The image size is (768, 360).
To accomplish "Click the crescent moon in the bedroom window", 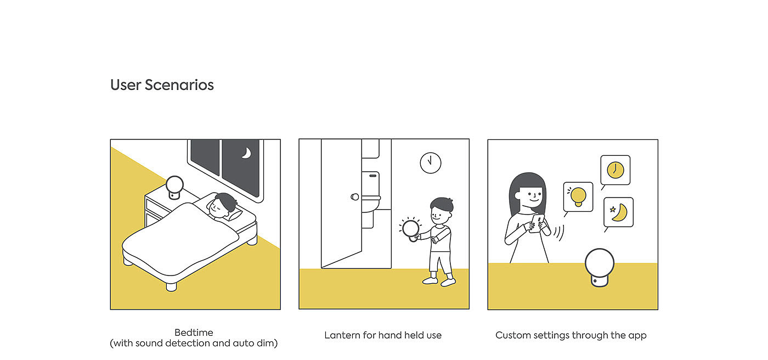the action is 247,153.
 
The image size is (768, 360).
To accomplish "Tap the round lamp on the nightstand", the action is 174,187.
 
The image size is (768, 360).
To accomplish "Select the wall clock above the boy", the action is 431,163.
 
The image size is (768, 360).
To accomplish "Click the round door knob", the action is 355,197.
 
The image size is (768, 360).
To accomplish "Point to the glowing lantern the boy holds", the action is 411,229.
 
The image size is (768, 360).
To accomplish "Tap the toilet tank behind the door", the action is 371,184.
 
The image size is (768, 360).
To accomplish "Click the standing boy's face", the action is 439,215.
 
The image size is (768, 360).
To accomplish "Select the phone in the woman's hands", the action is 537,223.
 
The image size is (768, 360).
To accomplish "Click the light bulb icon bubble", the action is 578,197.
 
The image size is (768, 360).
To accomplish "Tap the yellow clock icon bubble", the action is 615,170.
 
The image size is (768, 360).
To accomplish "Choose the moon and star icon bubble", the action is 619,212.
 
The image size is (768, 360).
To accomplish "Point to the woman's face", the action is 532,198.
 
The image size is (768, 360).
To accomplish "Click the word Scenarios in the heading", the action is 179,85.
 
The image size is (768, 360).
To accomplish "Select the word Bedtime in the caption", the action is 194,333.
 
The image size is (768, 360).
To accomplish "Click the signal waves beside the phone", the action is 559,233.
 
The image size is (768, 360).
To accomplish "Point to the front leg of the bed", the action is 171,286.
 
